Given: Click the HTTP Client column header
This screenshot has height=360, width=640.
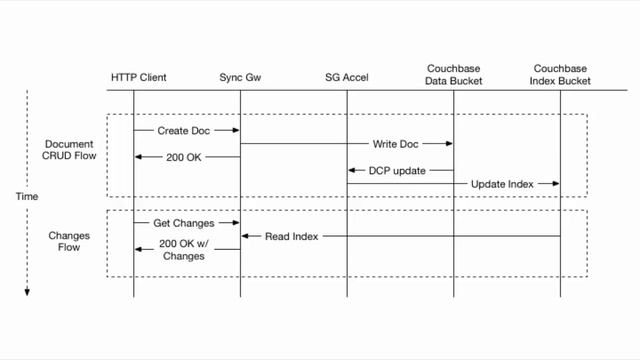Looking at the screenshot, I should point(139,77).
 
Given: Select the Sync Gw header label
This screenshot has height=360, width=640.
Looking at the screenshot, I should point(240,77).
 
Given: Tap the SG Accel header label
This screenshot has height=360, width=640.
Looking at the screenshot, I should point(347,77).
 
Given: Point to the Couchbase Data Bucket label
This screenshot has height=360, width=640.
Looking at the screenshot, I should point(453,72).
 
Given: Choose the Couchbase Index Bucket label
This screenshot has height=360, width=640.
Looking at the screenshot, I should point(560,72).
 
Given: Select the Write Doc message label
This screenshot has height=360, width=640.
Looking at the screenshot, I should point(395,144).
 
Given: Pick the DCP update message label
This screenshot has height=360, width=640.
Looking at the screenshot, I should point(397,170).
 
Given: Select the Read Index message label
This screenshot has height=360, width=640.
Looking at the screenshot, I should point(291,236).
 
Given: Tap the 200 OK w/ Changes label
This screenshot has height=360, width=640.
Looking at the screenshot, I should point(182,250).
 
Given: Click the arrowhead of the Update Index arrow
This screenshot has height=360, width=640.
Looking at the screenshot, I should point(555,184).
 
